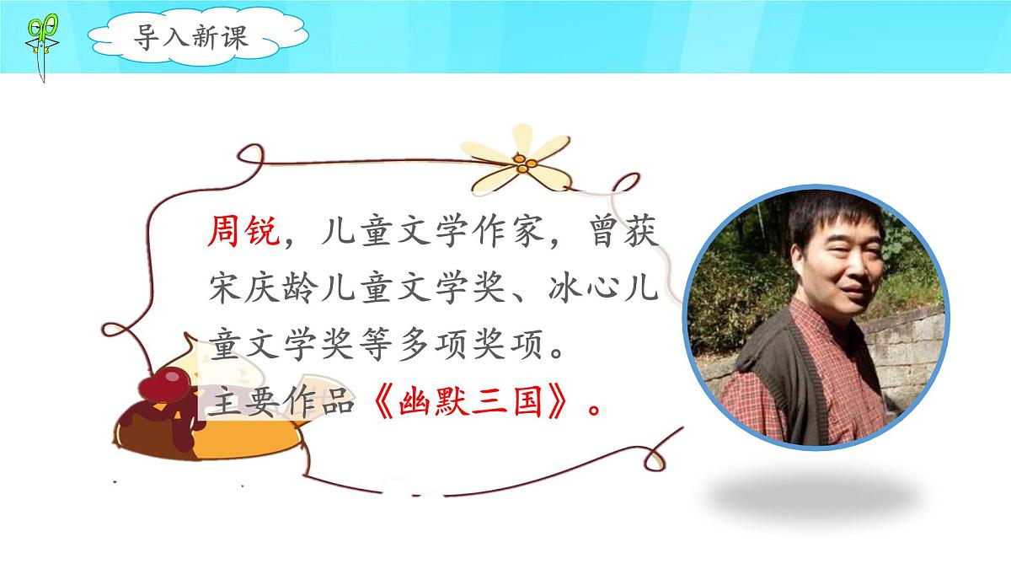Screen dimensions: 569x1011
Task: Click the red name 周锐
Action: pos(243,231)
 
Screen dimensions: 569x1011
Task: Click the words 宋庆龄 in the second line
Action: pos(260,290)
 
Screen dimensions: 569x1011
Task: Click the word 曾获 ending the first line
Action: pos(623,231)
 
